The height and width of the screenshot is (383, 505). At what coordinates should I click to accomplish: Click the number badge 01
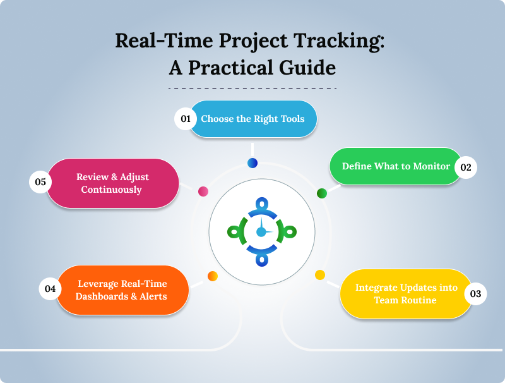pyautogui.click(x=186, y=119)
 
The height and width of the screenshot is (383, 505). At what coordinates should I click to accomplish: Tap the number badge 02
pyautogui.click(x=466, y=167)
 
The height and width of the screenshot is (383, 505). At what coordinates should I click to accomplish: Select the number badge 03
pyautogui.click(x=475, y=294)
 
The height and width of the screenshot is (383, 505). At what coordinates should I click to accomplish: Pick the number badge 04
pyautogui.click(x=50, y=289)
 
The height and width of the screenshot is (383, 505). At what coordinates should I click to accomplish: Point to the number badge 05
pyautogui.click(x=40, y=182)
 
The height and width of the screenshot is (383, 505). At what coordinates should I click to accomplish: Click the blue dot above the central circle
pyautogui.click(x=252, y=163)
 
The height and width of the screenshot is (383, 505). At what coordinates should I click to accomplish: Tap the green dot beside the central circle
pyautogui.click(x=321, y=193)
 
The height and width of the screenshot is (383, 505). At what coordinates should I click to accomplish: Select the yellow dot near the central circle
pyautogui.click(x=320, y=275)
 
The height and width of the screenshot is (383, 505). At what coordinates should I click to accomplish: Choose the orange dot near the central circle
pyautogui.click(x=213, y=276)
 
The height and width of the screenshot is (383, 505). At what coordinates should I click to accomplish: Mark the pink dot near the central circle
pyautogui.click(x=203, y=191)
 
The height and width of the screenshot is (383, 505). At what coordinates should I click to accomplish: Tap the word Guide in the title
pyautogui.click(x=304, y=68)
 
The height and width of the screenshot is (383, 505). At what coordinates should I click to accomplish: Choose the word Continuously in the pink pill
pyautogui.click(x=112, y=189)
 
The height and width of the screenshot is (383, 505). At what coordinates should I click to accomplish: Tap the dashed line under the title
pyautogui.click(x=252, y=88)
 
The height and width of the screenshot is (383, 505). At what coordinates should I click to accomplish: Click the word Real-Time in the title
pyautogui.click(x=158, y=41)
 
